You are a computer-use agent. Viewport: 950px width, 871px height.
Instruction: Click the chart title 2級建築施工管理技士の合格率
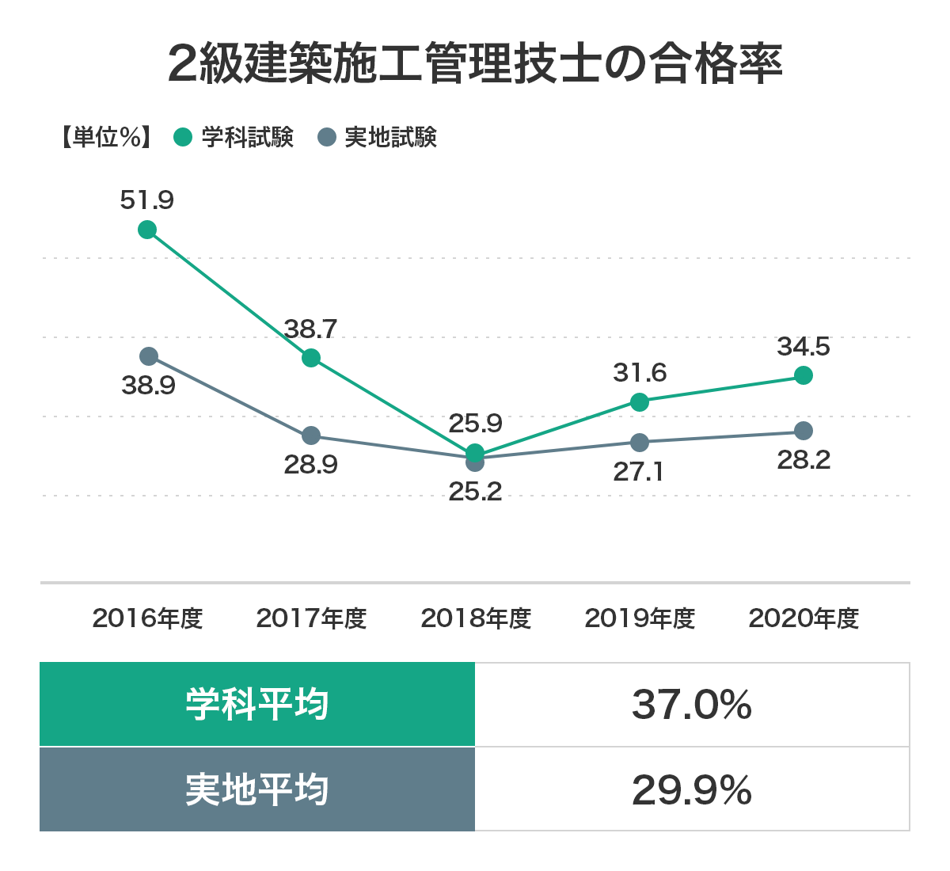pyautogui.click(x=475, y=64)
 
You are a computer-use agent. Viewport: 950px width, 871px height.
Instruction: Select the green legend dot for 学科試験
pyautogui.click(x=184, y=137)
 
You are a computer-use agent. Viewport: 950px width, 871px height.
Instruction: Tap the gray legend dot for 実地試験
pyautogui.click(x=327, y=137)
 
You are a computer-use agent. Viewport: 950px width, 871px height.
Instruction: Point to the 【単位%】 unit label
pyautogui.click(x=105, y=137)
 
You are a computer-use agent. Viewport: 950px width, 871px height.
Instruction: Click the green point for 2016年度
pyautogui.click(x=147, y=230)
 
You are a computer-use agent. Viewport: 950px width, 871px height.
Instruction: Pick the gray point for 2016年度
pyautogui.click(x=149, y=356)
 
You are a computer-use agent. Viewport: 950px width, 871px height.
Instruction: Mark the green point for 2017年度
pyautogui.click(x=311, y=358)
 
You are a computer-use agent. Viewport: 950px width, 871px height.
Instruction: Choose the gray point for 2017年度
pyautogui.click(x=311, y=435)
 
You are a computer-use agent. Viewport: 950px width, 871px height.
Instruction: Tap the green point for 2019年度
pyautogui.click(x=640, y=402)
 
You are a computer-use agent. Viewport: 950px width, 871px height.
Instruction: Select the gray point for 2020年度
pyautogui.click(x=804, y=431)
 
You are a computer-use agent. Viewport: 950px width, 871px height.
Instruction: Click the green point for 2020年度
pyautogui.click(x=804, y=375)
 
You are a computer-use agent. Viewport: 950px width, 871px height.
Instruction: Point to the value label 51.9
pyautogui.click(x=147, y=200)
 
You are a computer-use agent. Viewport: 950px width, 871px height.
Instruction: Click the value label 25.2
pyautogui.click(x=475, y=492)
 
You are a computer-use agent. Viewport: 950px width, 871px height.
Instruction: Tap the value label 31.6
pyautogui.click(x=640, y=372)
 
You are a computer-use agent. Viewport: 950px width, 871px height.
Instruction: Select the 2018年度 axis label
pyautogui.click(x=476, y=618)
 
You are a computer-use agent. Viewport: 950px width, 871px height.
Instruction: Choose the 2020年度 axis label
pyautogui.click(x=804, y=618)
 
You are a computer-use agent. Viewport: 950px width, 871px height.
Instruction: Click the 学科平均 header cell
pyautogui.click(x=257, y=704)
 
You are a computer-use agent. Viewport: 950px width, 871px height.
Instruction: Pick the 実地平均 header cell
pyautogui.click(x=257, y=789)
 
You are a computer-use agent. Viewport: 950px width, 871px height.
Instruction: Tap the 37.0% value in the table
pyautogui.click(x=692, y=704)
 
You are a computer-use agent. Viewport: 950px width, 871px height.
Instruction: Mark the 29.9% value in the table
pyautogui.click(x=692, y=789)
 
